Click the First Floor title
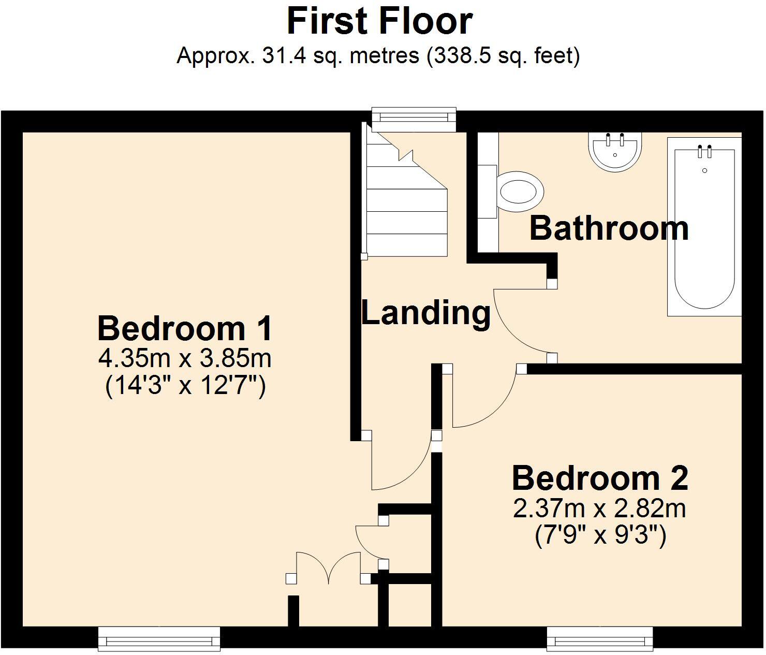click(x=379, y=21)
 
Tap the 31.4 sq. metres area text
click(x=378, y=55)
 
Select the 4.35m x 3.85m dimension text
click(x=185, y=358)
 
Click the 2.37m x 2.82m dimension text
click(x=599, y=508)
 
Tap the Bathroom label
click(x=609, y=228)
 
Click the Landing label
click(x=425, y=313)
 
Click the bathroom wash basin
click(x=615, y=152)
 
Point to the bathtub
click(x=704, y=228)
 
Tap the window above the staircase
click(x=414, y=119)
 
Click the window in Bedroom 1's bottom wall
click(x=159, y=638)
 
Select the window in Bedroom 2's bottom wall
click(x=599, y=638)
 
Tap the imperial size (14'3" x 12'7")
click(x=185, y=386)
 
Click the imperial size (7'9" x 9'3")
click(x=599, y=536)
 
